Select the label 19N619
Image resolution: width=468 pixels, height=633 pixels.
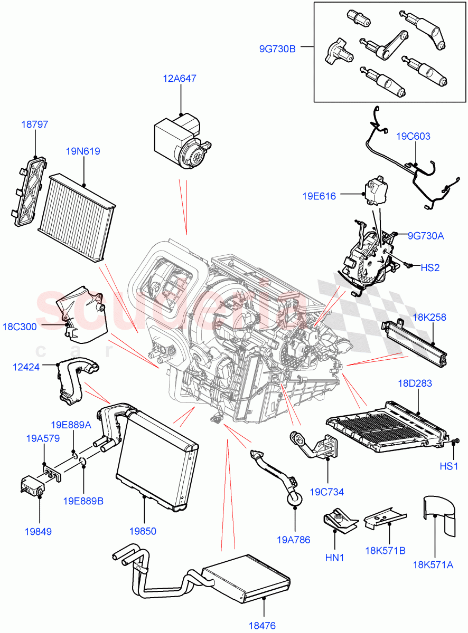click(83, 151)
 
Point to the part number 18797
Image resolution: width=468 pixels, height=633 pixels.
click(34, 125)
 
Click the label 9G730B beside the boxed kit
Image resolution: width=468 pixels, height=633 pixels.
click(277, 49)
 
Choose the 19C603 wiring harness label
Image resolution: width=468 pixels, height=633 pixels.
click(413, 136)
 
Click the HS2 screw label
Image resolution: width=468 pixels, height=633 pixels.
click(429, 267)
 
